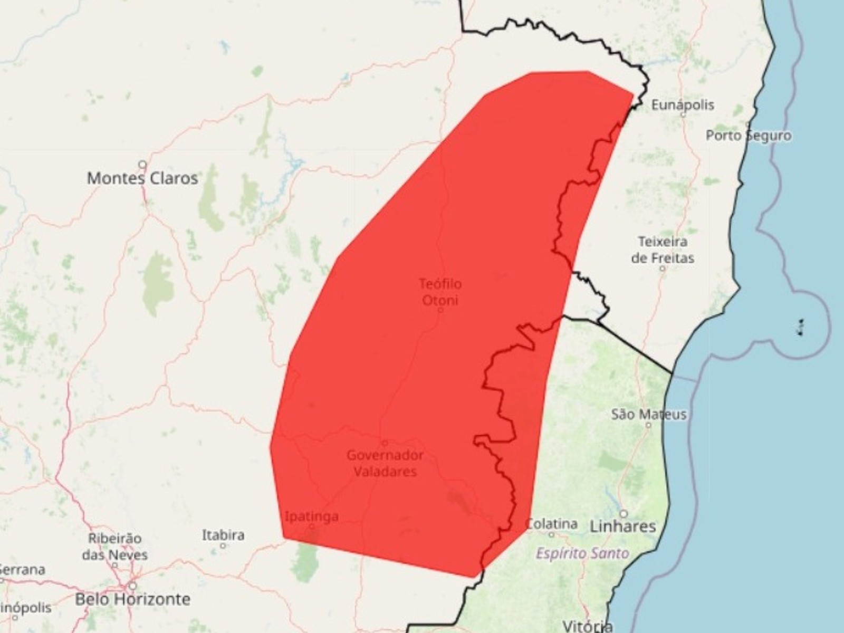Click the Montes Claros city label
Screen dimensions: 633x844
click(x=142, y=178)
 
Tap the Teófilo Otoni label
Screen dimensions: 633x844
click(x=440, y=292)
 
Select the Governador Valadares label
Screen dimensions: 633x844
click(x=385, y=463)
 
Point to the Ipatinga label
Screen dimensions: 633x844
click(x=311, y=516)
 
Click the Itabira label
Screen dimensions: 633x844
click(x=223, y=535)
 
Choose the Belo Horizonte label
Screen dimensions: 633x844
click(x=132, y=599)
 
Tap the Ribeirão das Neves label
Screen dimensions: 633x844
click(x=114, y=546)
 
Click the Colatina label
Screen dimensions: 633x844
click(x=552, y=524)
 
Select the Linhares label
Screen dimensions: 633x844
click(x=622, y=526)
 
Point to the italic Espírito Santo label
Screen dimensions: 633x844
click(x=582, y=553)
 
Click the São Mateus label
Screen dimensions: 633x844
click(x=649, y=414)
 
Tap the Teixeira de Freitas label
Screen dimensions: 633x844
click(x=663, y=250)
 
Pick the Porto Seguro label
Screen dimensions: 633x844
click(x=749, y=136)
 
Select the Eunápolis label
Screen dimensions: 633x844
click(x=683, y=105)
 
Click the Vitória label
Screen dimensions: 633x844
click(x=587, y=627)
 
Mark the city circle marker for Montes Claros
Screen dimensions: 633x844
click(x=142, y=164)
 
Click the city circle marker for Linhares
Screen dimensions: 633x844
click(x=624, y=513)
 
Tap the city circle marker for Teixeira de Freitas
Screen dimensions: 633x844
click(x=663, y=268)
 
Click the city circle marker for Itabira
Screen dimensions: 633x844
click(x=223, y=546)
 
